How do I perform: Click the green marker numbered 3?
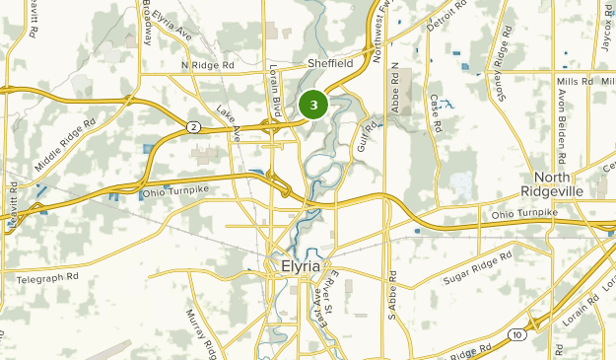313,104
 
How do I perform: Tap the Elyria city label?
299,266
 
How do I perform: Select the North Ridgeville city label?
566,182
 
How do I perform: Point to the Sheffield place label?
329,63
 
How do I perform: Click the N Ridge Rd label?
208,65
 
